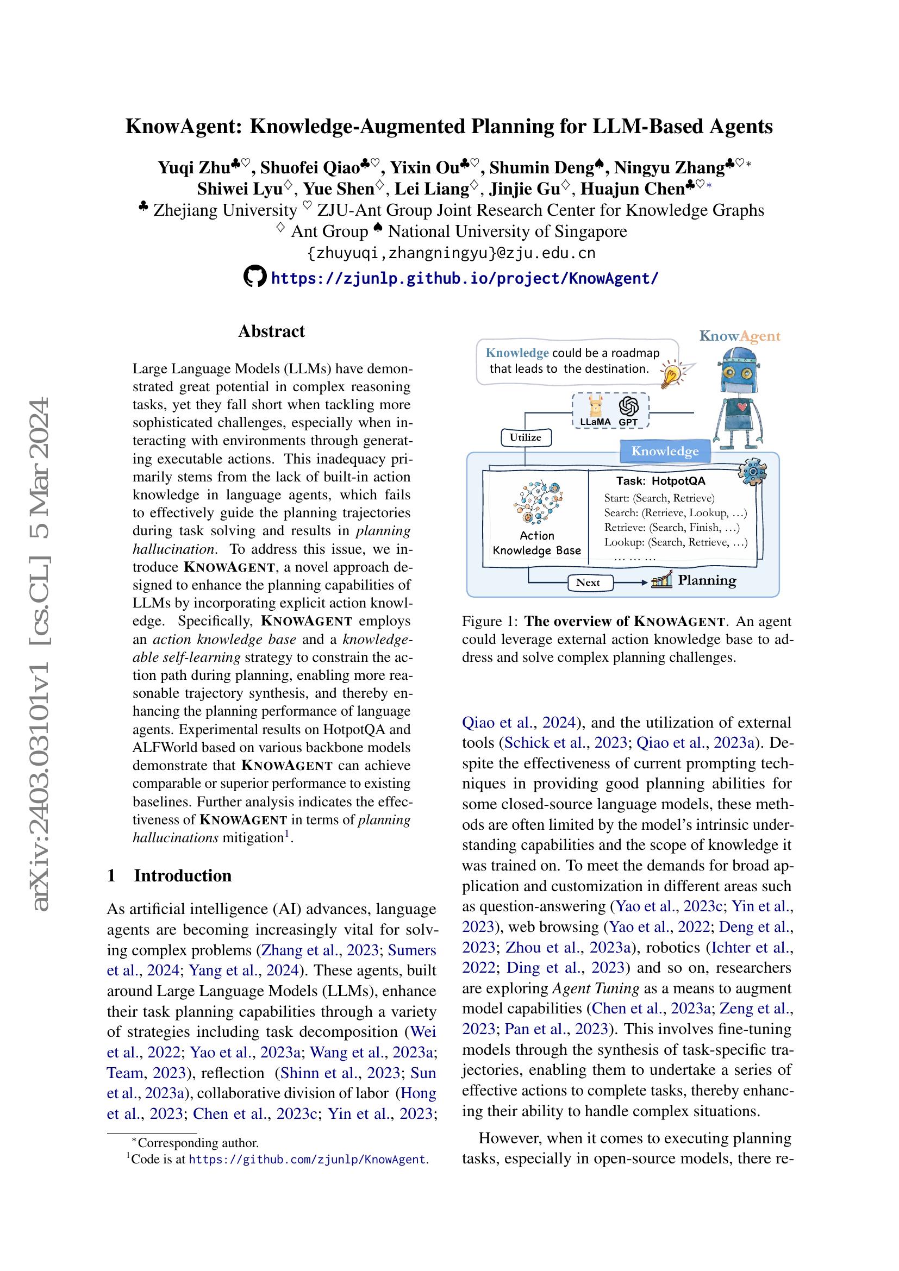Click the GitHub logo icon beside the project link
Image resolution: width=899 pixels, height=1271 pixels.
tap(255, 277)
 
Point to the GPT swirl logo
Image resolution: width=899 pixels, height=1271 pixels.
tap(629, 407)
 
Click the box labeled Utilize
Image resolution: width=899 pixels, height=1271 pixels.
tap(526, 437)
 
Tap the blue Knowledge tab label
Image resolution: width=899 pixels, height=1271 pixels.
tap(664, 451)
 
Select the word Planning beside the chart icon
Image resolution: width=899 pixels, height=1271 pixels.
tap(707, 580)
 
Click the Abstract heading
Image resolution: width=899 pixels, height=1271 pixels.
tap(271, 331)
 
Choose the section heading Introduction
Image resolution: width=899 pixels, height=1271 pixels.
tap(182, 875)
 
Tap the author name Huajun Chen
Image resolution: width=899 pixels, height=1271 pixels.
tap(633, 189)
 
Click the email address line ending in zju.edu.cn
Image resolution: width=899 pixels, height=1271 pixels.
tap(451, 254)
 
